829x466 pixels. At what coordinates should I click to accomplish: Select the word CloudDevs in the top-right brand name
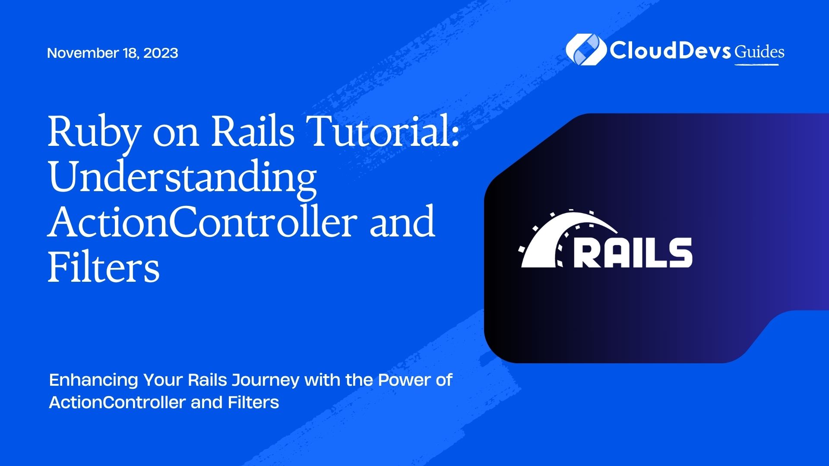[x=670, y=50]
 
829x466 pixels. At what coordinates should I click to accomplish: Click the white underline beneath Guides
[x=757, y=64]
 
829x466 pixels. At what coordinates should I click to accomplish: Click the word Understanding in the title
[x=182, y=179]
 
